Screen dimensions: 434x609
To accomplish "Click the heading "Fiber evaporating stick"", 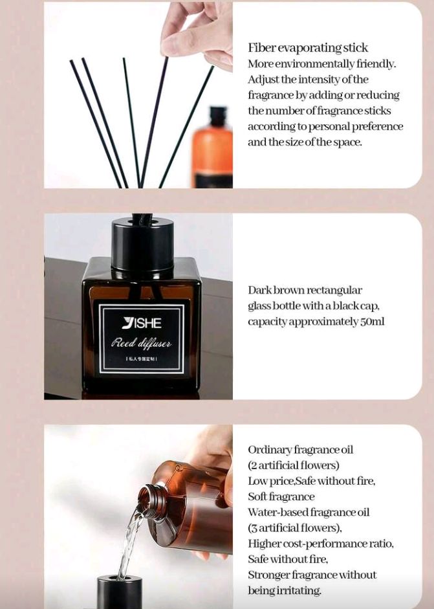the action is (308, 48).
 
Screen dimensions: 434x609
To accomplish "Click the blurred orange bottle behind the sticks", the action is (212, 147).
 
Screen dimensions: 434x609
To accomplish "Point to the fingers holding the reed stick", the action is (199, 35).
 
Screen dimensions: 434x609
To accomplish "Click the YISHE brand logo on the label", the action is (141, 323).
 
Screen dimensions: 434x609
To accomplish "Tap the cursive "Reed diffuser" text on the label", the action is (141, 343).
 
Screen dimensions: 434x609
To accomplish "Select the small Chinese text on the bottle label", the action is (141, 359).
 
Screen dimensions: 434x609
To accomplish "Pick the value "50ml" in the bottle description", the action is (373, 322).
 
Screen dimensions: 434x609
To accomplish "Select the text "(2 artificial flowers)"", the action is (294, 465).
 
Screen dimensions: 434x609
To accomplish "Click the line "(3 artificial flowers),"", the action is (295, 528).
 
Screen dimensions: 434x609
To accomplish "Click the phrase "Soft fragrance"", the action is (281, 497).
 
